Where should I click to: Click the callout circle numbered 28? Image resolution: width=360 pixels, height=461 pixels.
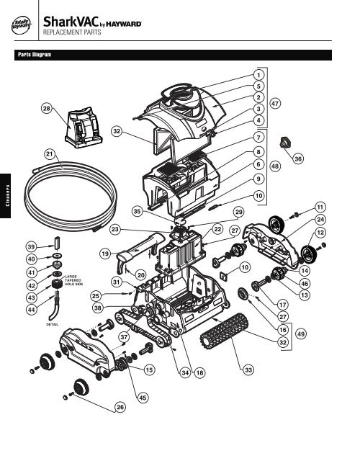click(46, 109)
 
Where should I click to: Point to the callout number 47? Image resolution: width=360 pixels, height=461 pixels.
click(274, 104)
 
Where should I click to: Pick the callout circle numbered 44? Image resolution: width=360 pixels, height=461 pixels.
click(32, 309)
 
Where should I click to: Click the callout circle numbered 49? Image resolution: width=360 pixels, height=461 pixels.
click(300, 334)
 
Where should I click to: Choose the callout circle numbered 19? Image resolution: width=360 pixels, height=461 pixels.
click(105, 254)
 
